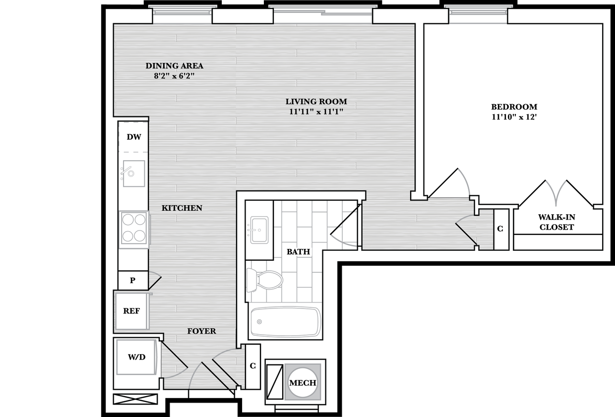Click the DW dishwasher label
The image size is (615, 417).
click(133, 137)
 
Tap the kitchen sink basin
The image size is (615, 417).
click(134, 174)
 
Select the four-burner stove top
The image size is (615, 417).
click(134, 228)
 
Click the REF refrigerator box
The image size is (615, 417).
click(131, 311)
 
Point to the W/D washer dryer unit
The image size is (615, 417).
click(136, 357)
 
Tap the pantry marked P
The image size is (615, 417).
click(132, 280)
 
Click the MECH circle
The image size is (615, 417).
click(303, 382)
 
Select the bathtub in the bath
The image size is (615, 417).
click(285, 322)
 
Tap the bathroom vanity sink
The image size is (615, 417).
click(259, 230)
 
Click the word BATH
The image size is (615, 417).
click(298, 252)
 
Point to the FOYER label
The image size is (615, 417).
click(201, 331)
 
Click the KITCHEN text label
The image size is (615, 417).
click(182, 208)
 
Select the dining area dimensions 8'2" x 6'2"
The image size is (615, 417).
click(174, 76)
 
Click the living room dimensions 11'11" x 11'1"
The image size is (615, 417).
click(316, 112)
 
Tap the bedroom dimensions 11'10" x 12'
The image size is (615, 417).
click(514, 117)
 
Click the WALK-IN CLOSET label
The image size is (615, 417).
click(557, 223)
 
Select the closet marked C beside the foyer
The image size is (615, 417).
click(253, 366)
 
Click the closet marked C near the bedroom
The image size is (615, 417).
click(500, 229)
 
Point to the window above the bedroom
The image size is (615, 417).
click(478, 14)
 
